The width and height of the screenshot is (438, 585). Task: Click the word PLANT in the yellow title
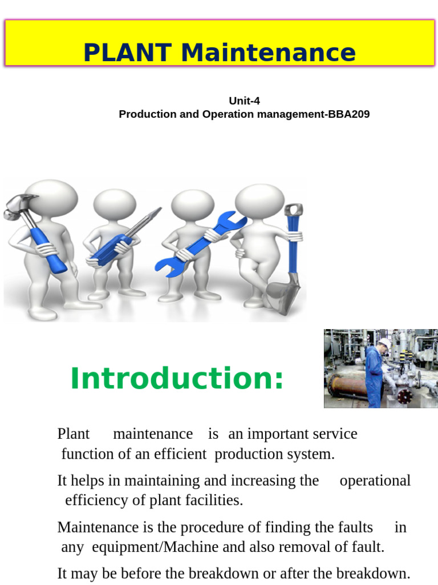(x=127, y=53)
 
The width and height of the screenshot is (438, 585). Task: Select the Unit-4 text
(x=244, y=101)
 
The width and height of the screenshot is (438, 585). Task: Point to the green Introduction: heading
(x=177, y=379)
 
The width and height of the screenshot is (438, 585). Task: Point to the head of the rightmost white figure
(x=259, y=200)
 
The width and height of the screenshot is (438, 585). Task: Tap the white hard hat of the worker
(x=384, y=343)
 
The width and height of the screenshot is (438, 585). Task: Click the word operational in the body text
(x=375, y=480)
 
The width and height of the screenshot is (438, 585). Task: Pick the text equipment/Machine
(x=155, y=547)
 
